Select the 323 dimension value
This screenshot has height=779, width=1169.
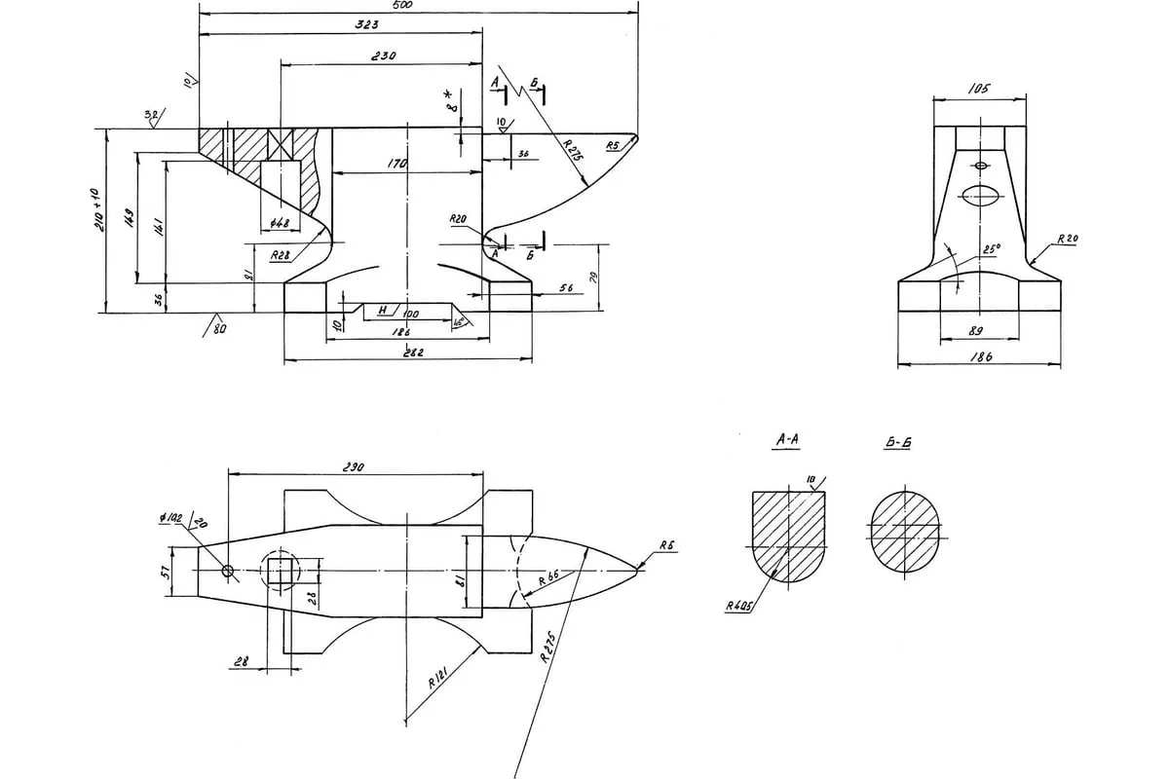(339, 23)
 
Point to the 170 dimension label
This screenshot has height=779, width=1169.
(396, 165)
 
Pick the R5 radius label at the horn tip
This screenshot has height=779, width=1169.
(613, 146)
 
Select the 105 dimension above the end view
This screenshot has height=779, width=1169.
(979, 89)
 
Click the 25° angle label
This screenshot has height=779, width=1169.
(991, 249)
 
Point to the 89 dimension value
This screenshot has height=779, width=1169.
(974, 332)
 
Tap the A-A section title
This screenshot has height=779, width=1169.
(787, 440)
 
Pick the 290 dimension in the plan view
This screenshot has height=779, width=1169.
(353, 467)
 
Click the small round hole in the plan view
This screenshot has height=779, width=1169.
(227, 572)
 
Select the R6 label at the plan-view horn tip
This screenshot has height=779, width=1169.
(666, 547)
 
